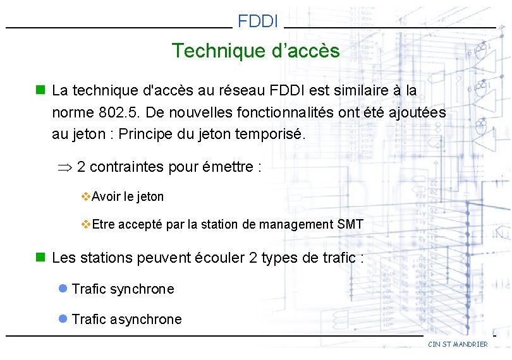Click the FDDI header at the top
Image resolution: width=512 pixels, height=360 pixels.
tap(258, 21)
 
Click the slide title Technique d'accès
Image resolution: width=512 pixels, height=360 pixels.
tap(255, 51)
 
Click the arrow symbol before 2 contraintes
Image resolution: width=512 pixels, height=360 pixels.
tap(64, 167)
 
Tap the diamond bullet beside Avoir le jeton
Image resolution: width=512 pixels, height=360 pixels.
tap(87, 196)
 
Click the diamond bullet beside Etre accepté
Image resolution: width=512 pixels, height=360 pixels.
tap(87, 224)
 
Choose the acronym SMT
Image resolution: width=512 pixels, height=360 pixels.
tap(351, 224)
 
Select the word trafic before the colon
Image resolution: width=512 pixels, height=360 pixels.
tap(336, 258)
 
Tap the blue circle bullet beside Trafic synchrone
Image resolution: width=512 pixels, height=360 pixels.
tap(63, 289)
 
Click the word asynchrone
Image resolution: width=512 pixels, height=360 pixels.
tap(146, 320)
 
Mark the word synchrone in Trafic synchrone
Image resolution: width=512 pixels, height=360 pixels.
tap(142, 289)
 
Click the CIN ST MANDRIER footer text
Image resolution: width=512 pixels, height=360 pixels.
tap(458, 344)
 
